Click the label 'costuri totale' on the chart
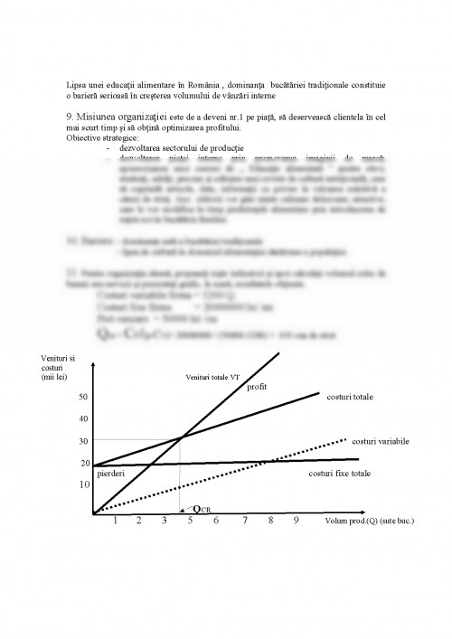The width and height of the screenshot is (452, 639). [x=352, y=397]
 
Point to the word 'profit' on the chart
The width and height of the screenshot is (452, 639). [x=258, y=386]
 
